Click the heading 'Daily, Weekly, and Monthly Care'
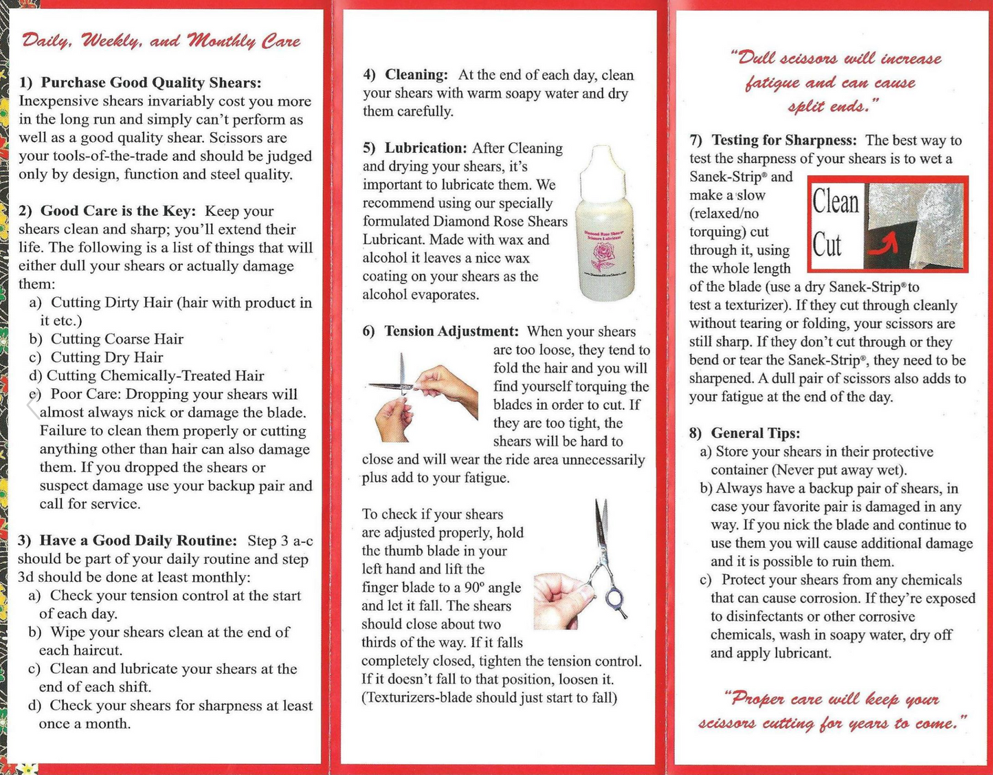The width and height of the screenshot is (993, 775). (x=161, y=41)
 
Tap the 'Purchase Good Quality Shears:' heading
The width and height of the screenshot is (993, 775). (x=150, y=83)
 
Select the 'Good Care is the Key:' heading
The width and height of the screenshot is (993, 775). (x=118, y=211)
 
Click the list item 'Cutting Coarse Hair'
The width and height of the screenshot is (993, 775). (x=117, y=339)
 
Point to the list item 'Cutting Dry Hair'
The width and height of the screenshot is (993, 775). (x=107, y=358)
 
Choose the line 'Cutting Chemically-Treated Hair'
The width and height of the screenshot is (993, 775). (x=155, y=375)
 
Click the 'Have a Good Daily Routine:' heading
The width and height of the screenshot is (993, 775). (x=137, y=541)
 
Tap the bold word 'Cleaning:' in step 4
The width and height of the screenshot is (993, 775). (x=416, y=75)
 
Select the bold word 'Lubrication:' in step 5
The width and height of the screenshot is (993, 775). (x=425, y=148)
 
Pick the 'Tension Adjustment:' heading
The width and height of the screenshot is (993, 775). (x=451, y=331)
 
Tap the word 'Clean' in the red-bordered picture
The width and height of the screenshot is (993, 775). (x=836, y=202)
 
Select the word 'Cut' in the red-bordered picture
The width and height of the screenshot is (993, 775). (x=827, y=244)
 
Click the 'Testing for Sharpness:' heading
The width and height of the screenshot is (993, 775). (x=784, y=140)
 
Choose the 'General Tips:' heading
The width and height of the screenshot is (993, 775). (x=755, y=433)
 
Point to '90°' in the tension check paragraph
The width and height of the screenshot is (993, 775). (x=475, y=588)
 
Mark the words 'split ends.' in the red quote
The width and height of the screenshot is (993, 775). (x=833, y=107)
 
